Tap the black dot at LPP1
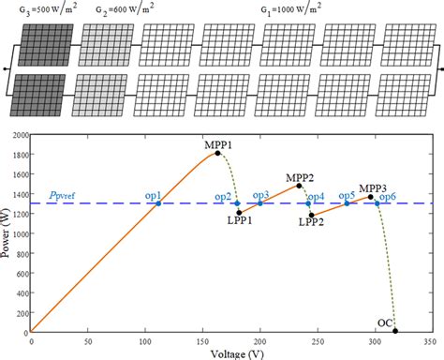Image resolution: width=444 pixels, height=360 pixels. pos(239,212)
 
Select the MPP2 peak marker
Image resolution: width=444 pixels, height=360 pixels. pos(300,186)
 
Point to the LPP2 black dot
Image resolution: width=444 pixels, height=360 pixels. pos(311,215)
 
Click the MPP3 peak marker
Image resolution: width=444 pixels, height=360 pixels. pos(370,197)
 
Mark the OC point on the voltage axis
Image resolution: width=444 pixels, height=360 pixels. pos(395,331)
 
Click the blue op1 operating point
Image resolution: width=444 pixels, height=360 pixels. pos(158,203)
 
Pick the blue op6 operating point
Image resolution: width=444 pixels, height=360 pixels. pos(377,203)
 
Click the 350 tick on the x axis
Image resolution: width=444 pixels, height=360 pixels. pos(429,339)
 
